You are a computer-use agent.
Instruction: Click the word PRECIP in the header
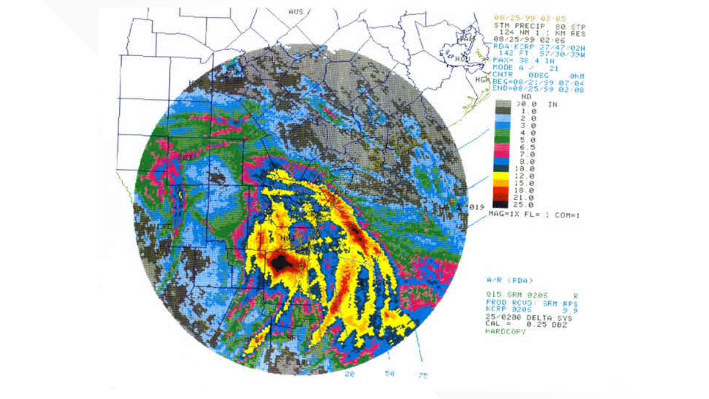click(x=530, y=26)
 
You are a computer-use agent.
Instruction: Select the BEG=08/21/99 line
click(x=538, y=83)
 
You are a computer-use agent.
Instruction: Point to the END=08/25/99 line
click(x=538, y=90)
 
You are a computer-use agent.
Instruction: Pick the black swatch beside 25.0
click(x=502, y=204)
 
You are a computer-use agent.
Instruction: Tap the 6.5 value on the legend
click(x=527, y=147)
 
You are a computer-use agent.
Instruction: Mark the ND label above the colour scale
click(x=526, y=97)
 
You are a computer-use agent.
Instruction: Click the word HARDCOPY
click(x=506, y=332)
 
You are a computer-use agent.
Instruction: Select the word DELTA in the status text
click(x=539, y=318)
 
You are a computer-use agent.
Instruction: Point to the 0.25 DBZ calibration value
click(x=547, y=325)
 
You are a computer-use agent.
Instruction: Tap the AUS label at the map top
click(x=296, y=12)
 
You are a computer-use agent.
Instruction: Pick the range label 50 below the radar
click(x=390, y=374)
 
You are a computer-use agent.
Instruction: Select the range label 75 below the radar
click(x=423, y=376)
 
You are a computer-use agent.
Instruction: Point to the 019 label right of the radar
click(x=476, y=207)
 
